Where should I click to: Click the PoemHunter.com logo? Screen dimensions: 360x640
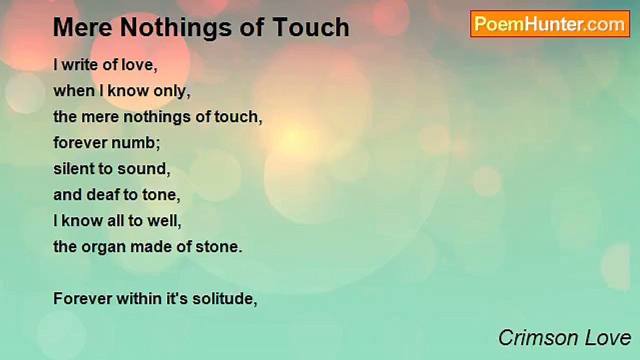tap(550, 24)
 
